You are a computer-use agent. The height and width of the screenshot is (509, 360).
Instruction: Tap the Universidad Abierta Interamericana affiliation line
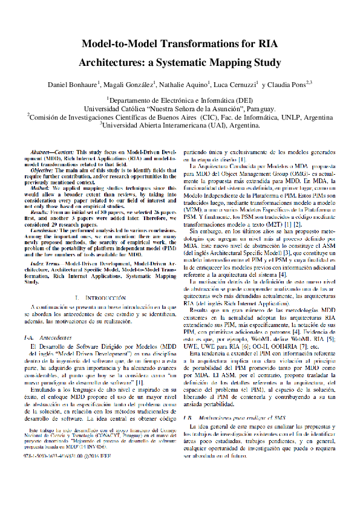tap(180, 125)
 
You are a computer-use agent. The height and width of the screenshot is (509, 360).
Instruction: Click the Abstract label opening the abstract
tap(48, 149)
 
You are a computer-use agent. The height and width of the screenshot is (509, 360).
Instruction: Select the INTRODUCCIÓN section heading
tap(105, 298)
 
